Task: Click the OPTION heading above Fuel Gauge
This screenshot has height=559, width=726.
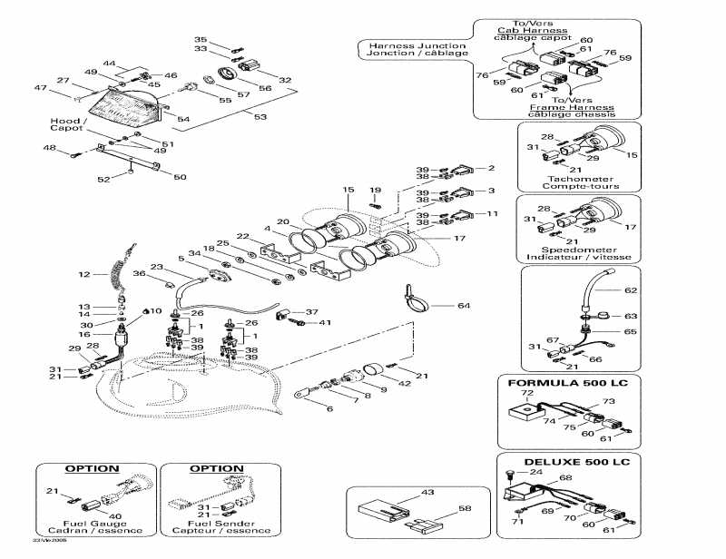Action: [92, 469]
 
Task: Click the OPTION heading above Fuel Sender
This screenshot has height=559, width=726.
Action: [216, 469]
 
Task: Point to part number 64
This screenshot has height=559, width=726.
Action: [464, 306]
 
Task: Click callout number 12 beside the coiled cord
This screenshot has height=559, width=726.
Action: [83, 273]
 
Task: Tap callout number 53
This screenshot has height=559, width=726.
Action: [260, 117]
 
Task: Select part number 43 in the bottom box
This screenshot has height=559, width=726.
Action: [403, 493]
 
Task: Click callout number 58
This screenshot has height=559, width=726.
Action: [464, 511]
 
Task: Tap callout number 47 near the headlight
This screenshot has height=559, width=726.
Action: [40, 88]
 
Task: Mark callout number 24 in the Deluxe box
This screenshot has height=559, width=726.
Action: [535, 472]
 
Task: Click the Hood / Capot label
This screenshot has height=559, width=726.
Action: [69, 124]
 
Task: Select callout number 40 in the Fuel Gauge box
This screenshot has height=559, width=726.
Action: [113, 517]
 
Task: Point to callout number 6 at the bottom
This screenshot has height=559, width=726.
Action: [329, 410]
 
